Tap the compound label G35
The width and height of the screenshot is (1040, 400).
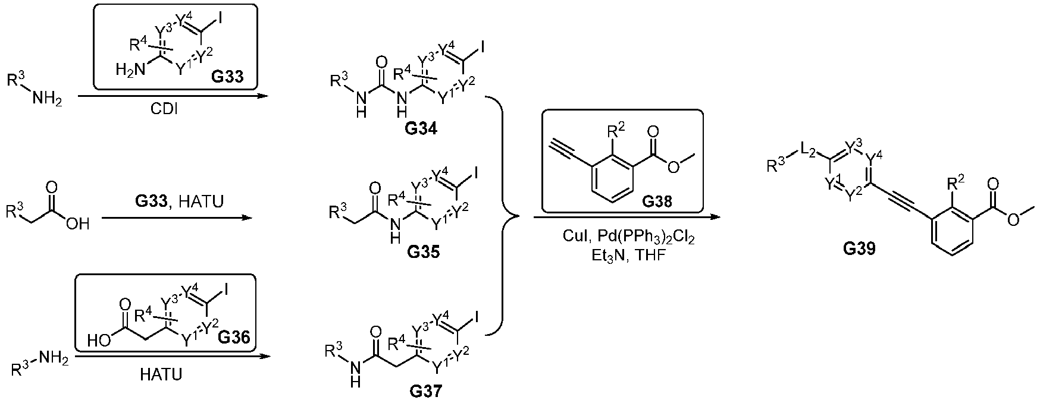click(424, 252)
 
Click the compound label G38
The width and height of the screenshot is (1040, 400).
click(657, 201)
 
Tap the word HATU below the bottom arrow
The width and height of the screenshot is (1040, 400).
click(161, 374)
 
